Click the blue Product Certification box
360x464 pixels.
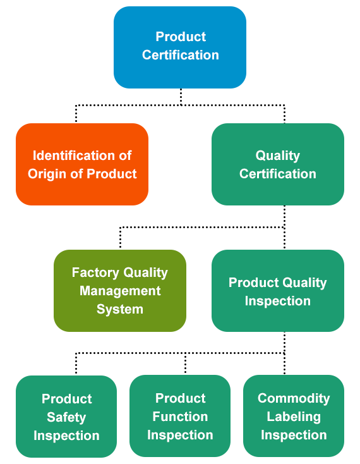click(180, 47)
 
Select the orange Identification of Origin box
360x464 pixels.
click(82, 164)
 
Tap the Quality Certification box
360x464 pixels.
click(278, 164)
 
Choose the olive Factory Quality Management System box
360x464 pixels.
click(120, 291)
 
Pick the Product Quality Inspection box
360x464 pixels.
click(278, 291)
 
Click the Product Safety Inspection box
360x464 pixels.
click(66, 417)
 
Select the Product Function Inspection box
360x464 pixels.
click(180, 416)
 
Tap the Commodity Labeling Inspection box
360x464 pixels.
click(294, 416)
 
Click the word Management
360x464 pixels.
click(120, 291)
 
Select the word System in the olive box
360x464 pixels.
click(120, 310)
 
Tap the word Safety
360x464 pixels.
click(66, 417)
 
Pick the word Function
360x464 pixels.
click(180, 417)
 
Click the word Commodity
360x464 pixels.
click(294, 399)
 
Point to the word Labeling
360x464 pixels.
click(294, 417)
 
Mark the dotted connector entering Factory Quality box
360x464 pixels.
click(120, 237)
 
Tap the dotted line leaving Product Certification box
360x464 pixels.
click(181, 97)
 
